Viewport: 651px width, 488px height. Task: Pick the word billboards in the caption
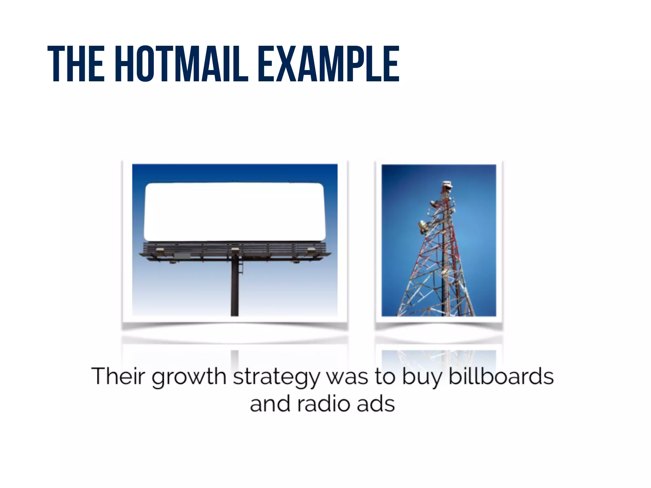[x=501, y=376]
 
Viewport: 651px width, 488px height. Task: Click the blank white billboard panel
[x=235, y=212]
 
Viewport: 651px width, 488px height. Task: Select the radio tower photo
[x=439, y=240]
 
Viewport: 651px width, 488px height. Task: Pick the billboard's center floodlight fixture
[x=235, y=250]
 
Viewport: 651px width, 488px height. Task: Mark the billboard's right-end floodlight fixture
[x=311, y=251]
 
